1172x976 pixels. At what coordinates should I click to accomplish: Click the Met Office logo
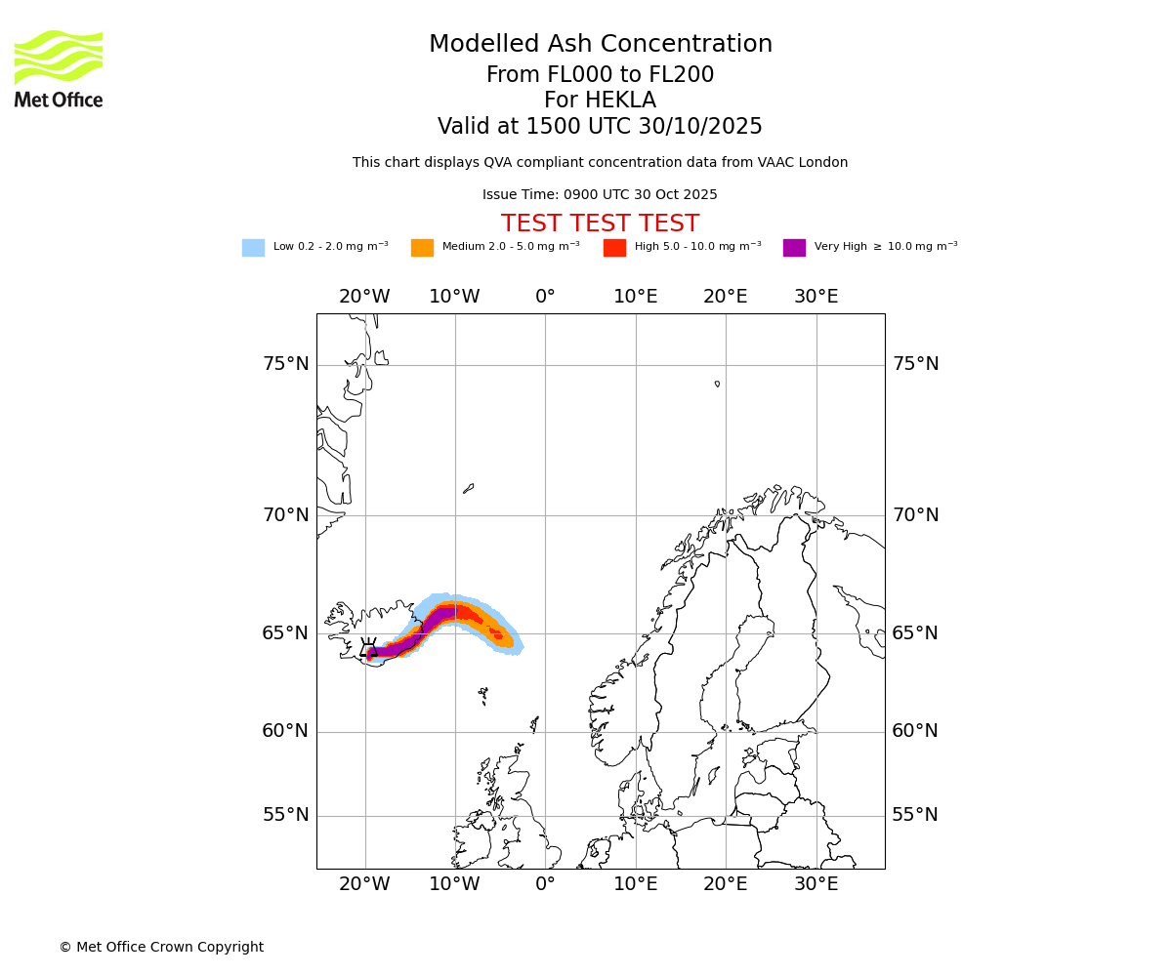coord(59,68)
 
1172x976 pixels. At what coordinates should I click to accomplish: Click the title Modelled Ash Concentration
coord(600,45)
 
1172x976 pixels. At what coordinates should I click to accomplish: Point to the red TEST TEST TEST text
coord(600,224)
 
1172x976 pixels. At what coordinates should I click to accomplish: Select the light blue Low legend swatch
coord(253,248)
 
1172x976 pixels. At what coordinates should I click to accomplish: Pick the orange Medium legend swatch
coord(422,248)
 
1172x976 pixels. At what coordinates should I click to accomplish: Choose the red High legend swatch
coord(614,248)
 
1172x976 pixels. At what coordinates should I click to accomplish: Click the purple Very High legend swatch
coord(794,248)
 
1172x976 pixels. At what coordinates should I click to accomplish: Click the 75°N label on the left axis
coord(285,364)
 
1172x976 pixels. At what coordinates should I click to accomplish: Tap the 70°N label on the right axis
coord(915,515)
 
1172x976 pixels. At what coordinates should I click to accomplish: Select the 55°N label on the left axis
coord(285,815)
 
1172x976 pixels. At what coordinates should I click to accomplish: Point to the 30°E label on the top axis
coord(816,297)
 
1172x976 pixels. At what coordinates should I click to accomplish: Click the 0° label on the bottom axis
coord(545,885)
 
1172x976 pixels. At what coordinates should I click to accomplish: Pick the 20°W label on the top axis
coord(364,297)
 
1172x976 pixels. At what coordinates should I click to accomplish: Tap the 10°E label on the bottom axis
coord(635,885)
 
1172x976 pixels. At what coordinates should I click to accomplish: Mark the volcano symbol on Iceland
coord(368,648)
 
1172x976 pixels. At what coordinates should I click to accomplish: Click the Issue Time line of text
coord(600,195)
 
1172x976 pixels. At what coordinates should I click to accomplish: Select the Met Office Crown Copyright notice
coord(161,948)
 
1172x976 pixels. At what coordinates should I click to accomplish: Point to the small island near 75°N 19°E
coord(717,384)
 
